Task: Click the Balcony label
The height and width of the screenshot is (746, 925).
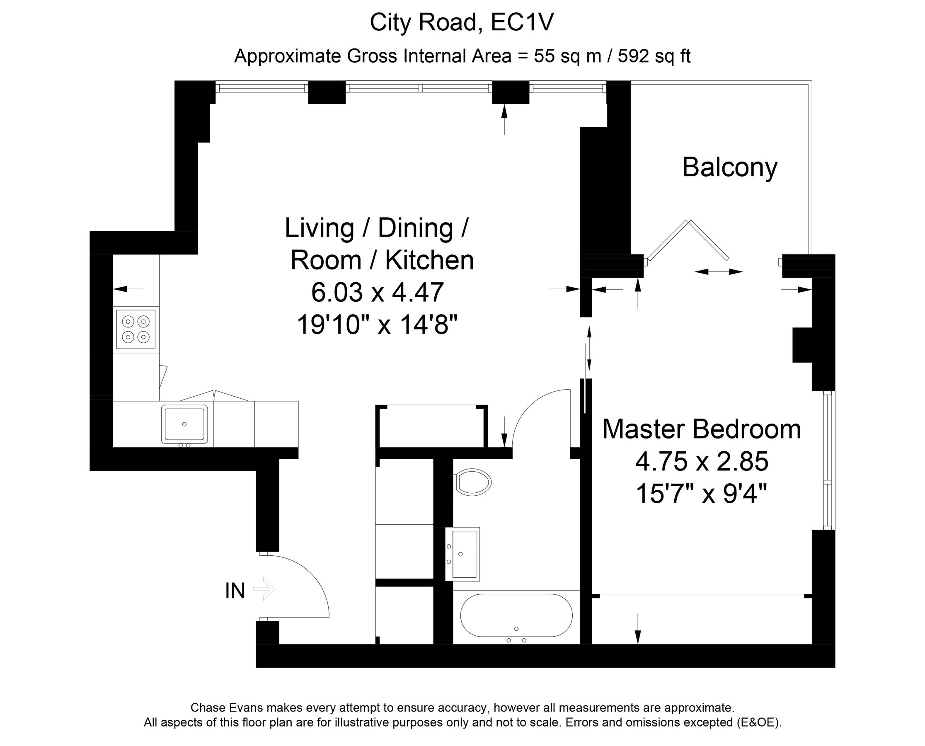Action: [x=729, y=167]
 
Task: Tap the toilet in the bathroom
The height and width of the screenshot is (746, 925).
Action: [x=473, y=482]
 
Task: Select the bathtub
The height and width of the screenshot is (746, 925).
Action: [x=516, y=615]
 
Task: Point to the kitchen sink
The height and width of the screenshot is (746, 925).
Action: [x=184, y=424]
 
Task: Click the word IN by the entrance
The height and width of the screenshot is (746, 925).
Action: [x=235, y=591]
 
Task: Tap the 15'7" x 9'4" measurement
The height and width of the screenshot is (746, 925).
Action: [x=701, y=494]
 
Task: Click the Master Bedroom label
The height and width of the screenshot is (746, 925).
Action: [x=701, y=429]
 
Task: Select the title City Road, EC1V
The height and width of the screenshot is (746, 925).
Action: [x=462, y=22]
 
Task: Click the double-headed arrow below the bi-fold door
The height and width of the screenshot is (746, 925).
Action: [x=718, y=271]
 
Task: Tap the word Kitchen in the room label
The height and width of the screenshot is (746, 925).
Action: [x=429, y=260]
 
